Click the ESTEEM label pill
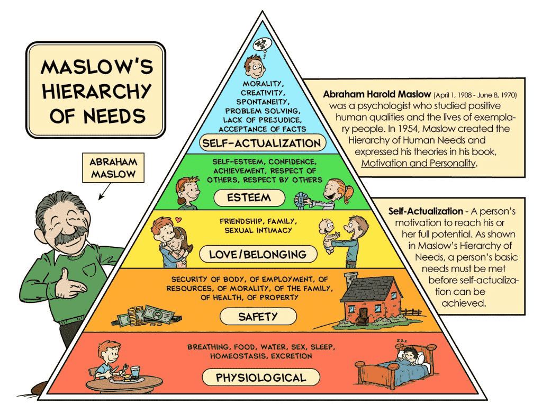pos(249,197)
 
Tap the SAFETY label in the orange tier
pos(258,317)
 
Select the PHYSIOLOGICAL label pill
pos(261,378)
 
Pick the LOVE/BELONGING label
pos(258,255)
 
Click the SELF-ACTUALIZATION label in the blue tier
pos(261,143)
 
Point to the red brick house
pos(373,299)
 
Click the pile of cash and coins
pos(147,316)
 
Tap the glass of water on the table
pos(135,372)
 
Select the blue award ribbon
pos(301,200)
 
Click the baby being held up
pos(329,235)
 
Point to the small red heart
pos(178,219)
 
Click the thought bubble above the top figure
pos(263,45)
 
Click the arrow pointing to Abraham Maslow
pos(105,191)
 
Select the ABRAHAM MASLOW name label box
pos(113,168)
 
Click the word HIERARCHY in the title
pos(97,91)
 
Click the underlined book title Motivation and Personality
pos(418,163)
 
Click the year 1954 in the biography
pos(408,129)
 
